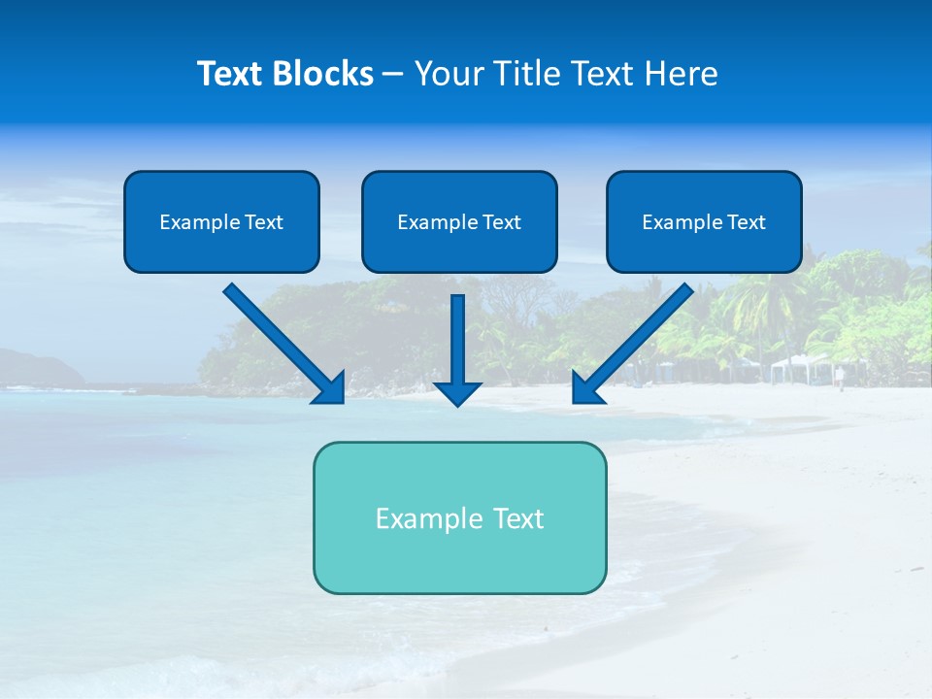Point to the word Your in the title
pyautogui.click(x=449, y=74)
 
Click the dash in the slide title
pyautogui.click(x=393, y=75)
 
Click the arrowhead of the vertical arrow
pyautogui.click(x=457, y=392)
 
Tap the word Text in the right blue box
pyautogui.click(x=746, y=222)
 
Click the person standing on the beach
pyautogui.click(x=841, y=377)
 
